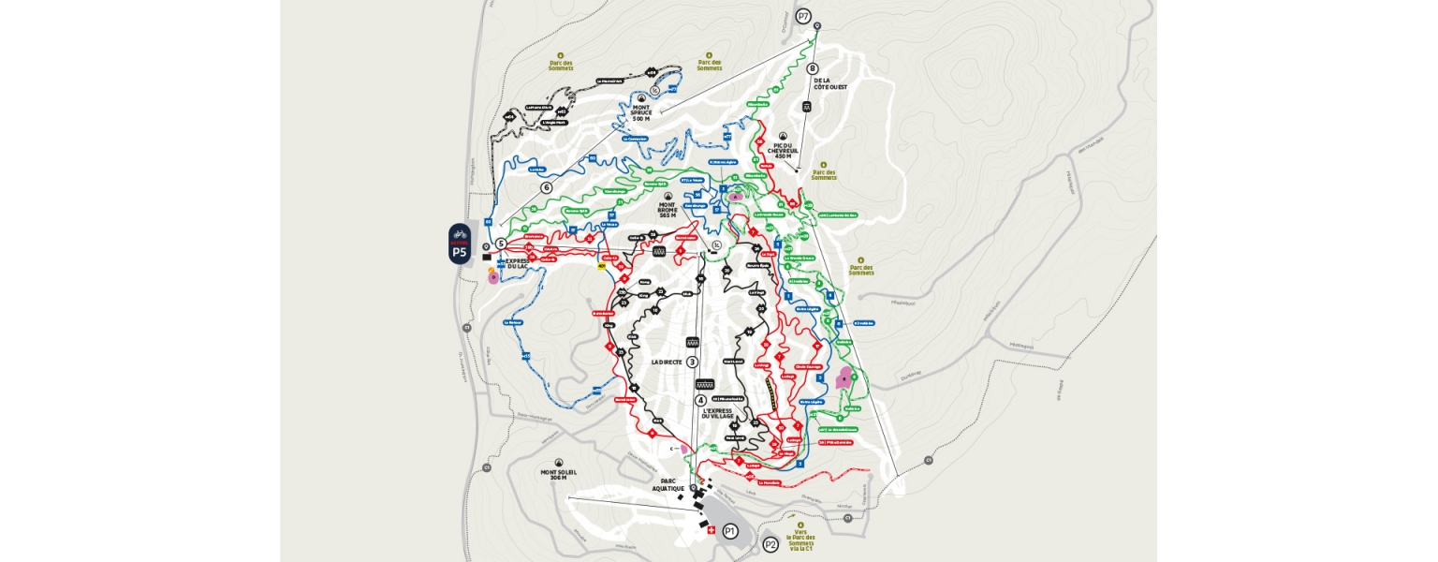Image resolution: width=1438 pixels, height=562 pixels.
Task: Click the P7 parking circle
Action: click(803, 16)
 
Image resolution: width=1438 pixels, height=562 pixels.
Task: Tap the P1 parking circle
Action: click(730, 531)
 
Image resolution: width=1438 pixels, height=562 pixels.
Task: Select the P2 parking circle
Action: click(770, 544)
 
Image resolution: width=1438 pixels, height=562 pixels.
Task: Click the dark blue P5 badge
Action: click(459, 244)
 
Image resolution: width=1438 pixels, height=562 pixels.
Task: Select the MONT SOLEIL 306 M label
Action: click(559, 476)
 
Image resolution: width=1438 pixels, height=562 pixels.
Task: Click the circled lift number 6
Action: click(546, 187)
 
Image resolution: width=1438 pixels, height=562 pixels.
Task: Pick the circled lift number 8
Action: click(812, 67)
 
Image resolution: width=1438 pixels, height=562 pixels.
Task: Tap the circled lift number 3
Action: click(693, 362)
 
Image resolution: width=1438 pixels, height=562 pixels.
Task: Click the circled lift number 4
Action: click(700, 401)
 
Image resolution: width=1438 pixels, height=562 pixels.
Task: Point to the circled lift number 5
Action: click(501, 244)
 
